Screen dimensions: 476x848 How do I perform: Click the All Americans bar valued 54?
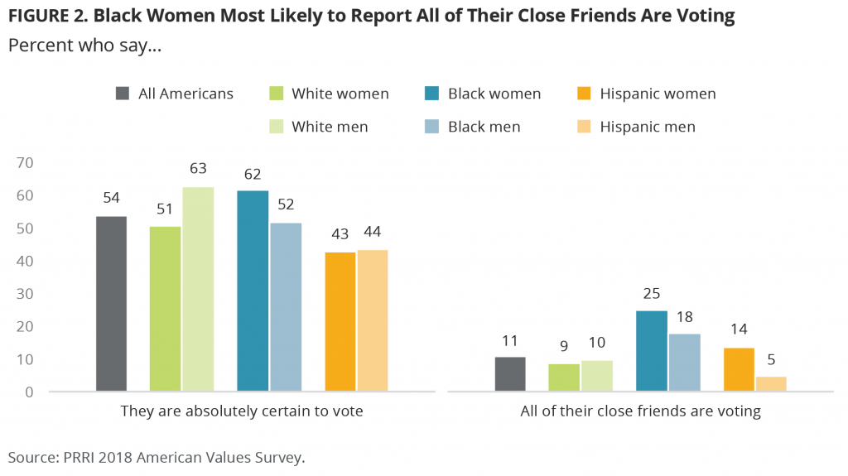tap(111, 303)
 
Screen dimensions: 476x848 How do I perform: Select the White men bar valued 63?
tap(198, 289)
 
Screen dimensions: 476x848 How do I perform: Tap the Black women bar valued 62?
tap(253, 291)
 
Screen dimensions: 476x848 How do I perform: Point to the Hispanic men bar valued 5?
tap(771, 383)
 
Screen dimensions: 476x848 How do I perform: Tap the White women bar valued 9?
tap(563, 377)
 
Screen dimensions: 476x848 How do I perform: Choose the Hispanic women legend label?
tap(658, 94)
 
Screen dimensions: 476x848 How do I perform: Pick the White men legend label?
tap(329, 127)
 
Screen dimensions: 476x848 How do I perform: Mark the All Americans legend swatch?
tap(123, 94)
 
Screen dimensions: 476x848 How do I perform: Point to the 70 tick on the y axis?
tap(23, 163)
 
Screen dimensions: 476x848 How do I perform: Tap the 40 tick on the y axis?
tap(23, 261)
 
